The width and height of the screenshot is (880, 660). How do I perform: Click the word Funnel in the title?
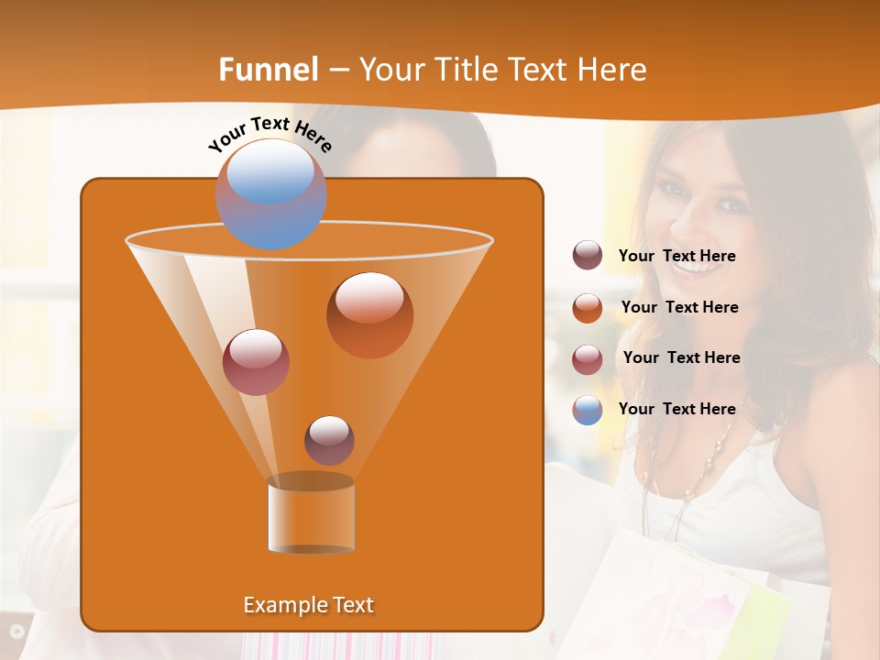point(268,70)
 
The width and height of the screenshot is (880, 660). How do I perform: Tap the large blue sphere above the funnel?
point(270,193)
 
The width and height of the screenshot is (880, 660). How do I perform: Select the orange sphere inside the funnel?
point(369,315)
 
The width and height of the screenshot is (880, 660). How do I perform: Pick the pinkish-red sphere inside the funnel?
point(256,362)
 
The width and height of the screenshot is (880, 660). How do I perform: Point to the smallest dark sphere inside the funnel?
point(329,440)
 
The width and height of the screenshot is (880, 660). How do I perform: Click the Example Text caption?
point(308,605)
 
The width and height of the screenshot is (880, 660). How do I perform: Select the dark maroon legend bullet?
point(588,256)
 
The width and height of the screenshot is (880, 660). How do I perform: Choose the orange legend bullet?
point(588,308)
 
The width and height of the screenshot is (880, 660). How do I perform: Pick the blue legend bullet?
point(588,410)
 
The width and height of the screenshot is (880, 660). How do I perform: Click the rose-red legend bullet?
point(588,359)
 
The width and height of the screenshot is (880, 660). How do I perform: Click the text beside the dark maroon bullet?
point(676,257)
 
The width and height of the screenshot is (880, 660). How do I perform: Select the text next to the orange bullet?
point(679,308)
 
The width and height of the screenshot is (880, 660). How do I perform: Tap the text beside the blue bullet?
point(676,409)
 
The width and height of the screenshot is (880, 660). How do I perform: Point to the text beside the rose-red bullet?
point(681,358)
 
